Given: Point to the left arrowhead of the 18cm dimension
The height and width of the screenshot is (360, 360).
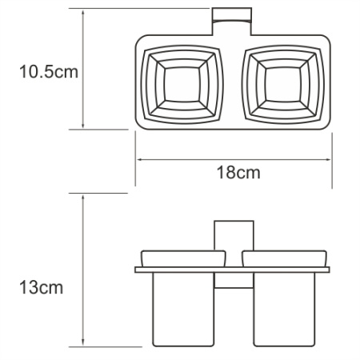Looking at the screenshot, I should click(138, 158).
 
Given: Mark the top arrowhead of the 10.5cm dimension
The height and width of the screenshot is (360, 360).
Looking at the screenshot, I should click(84, 14).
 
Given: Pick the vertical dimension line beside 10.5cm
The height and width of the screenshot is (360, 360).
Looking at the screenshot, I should click(84, 70).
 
